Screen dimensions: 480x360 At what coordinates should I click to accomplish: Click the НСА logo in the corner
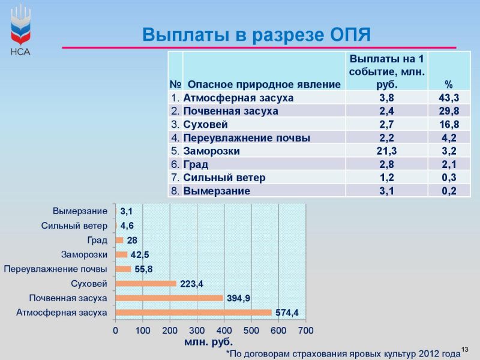point(20,29)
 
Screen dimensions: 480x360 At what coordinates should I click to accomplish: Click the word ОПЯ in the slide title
point(350,34)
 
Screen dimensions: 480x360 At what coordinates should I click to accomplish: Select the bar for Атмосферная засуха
point(193,313)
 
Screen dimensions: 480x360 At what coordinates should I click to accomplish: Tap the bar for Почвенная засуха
point(169,298)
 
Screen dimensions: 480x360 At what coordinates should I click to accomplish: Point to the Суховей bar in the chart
point(146,284)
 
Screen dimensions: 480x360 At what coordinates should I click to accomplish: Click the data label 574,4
point(287,313)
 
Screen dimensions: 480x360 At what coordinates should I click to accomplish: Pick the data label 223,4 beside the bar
point(191,284)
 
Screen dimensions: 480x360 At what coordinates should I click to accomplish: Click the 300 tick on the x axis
point(197,331)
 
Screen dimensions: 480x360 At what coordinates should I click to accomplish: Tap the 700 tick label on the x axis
point(305,331)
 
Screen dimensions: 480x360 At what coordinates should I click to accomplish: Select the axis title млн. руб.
point(208,342)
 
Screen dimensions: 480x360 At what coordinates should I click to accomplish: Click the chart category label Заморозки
point(84,254)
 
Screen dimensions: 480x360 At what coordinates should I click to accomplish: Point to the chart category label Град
point(97,241)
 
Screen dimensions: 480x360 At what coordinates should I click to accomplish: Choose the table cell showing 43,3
point(449,98)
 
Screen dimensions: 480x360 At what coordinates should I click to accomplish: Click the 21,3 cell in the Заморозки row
point(386,151)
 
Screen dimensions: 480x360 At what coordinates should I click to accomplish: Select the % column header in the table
point(449,85)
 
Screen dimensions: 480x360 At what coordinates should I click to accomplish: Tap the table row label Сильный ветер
point(224,178)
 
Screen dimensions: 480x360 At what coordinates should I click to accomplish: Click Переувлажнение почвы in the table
point(247,138)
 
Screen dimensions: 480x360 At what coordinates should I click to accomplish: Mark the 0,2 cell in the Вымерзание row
point(449,191)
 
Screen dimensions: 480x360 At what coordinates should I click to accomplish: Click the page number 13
point(464,349)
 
